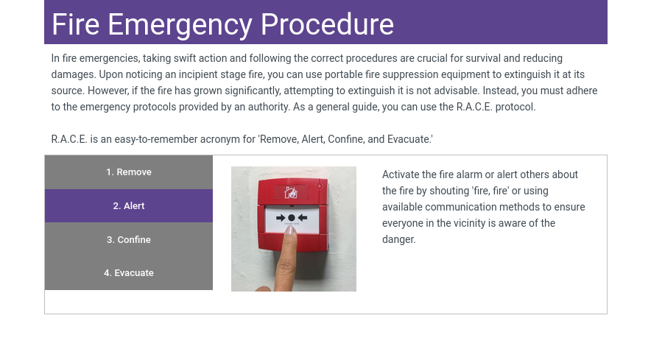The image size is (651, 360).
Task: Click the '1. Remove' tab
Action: (x=129, y=172)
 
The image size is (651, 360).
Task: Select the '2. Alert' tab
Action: (x=129, y=205)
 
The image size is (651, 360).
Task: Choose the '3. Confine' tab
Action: (x=129, y=239)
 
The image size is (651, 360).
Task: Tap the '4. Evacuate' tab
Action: (x=129, y=273)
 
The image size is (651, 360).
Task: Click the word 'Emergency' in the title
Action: (x=180, y=25)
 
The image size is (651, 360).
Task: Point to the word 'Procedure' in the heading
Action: (x=327, y=24)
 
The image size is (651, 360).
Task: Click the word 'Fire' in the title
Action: (x=76, y=24)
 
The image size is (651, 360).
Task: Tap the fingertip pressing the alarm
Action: (x=290, y=232)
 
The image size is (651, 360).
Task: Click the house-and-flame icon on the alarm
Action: (x=291, y=192)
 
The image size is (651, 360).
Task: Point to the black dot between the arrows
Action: (x=292, y=218)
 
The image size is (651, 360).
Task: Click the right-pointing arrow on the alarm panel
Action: (x=281, y=218)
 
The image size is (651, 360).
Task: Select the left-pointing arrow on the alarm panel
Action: (x=302, y=218)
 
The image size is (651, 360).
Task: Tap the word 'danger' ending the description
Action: (x=398, y=239)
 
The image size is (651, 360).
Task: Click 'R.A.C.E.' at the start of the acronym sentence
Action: (x=69, y=139)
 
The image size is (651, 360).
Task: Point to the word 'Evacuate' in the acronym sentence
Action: (x=409, y=139)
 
